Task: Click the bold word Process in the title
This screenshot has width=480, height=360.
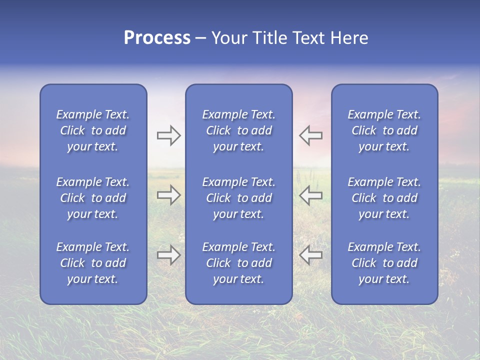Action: point(157,38)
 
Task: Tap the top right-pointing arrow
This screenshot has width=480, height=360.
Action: point(168,135)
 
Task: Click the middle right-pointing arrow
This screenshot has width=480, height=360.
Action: point(168,195)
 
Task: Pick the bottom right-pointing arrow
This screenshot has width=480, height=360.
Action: point(168,254)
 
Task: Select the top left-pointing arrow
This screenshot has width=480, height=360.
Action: point(310,135)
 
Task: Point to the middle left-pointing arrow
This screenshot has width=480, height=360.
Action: point(310,195)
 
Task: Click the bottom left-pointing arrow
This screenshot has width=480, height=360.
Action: point(310,254)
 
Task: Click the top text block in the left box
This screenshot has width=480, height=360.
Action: point(93,130)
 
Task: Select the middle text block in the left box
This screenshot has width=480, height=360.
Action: point(93,198)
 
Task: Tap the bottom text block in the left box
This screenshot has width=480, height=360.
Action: point(93,263)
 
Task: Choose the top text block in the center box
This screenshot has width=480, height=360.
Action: point(238,130)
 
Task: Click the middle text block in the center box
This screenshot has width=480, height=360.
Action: point(238,198)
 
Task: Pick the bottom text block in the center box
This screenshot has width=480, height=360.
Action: point(238,263)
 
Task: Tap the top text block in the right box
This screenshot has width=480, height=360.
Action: point(384,130)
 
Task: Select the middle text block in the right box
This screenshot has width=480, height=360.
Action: point(384,198)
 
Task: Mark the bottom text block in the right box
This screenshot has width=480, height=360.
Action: point(384,263)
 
